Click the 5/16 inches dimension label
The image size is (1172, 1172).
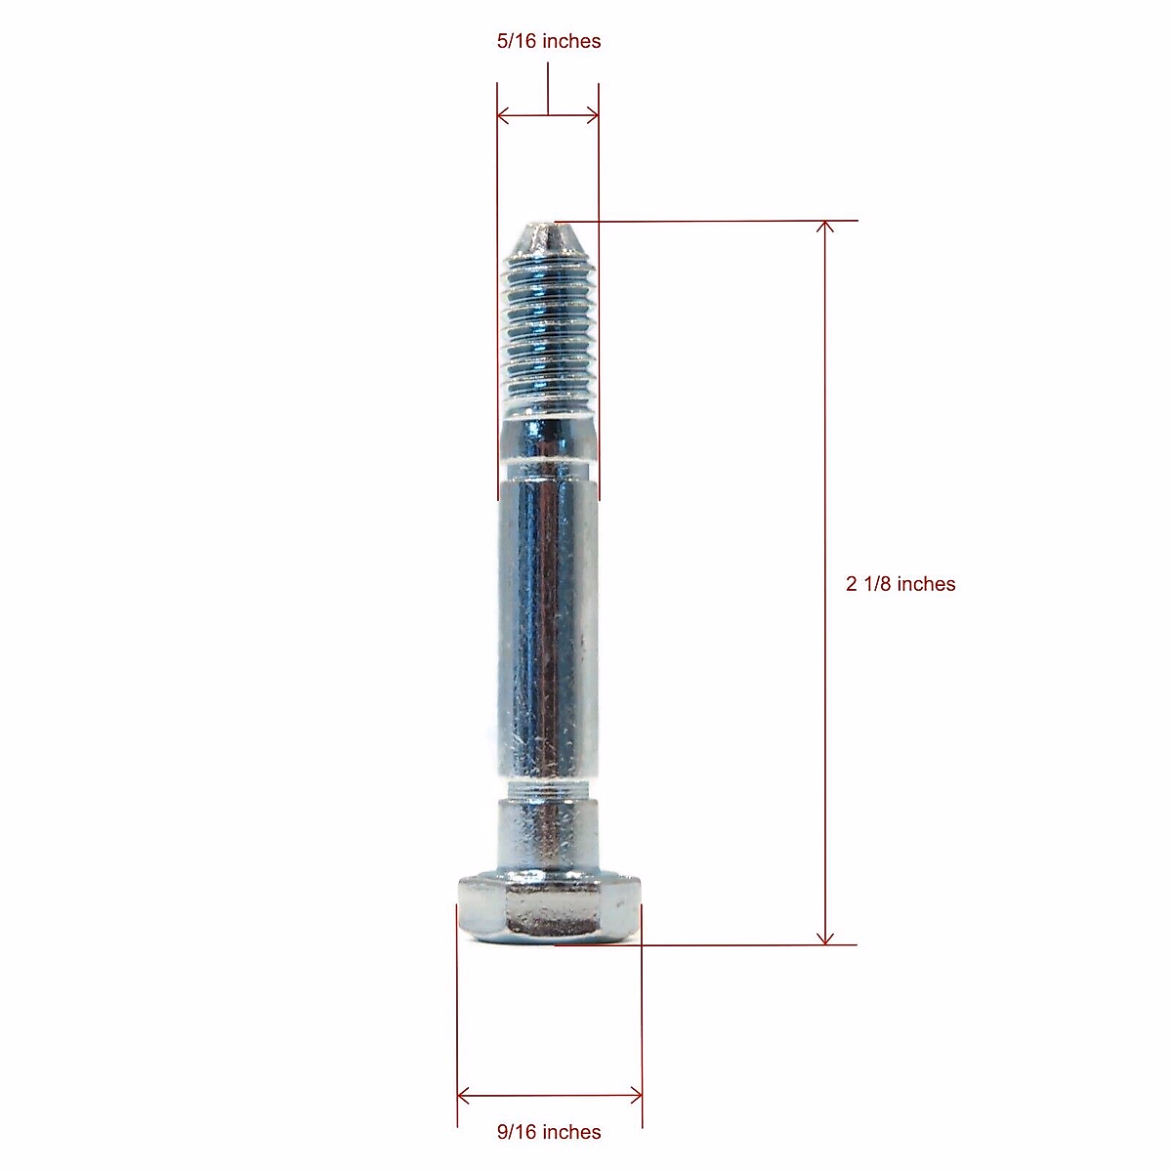pos(548,41)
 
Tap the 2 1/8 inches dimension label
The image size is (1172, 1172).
pos(900,584)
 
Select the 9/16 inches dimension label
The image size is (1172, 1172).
pos(549,1132)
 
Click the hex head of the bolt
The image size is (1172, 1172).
pos(549,909)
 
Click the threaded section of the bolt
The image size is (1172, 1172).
pos(546,332)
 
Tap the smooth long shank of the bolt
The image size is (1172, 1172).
pos(546,625)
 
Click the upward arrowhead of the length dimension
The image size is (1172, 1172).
pos(825,228)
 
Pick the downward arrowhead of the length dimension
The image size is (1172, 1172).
pos(825,938)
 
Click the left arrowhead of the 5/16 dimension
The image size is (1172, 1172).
pos(504,116)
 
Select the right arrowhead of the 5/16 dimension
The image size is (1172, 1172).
pos(592,116)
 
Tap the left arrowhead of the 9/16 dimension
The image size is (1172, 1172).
pos(464,1094)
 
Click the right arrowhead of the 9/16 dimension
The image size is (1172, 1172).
pos(636,1094)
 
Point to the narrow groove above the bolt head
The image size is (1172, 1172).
pos(546,789)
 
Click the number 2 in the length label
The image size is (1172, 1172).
pos(851,584)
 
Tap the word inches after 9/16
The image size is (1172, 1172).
pos(571,1132)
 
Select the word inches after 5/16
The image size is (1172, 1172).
pos(571,41)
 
